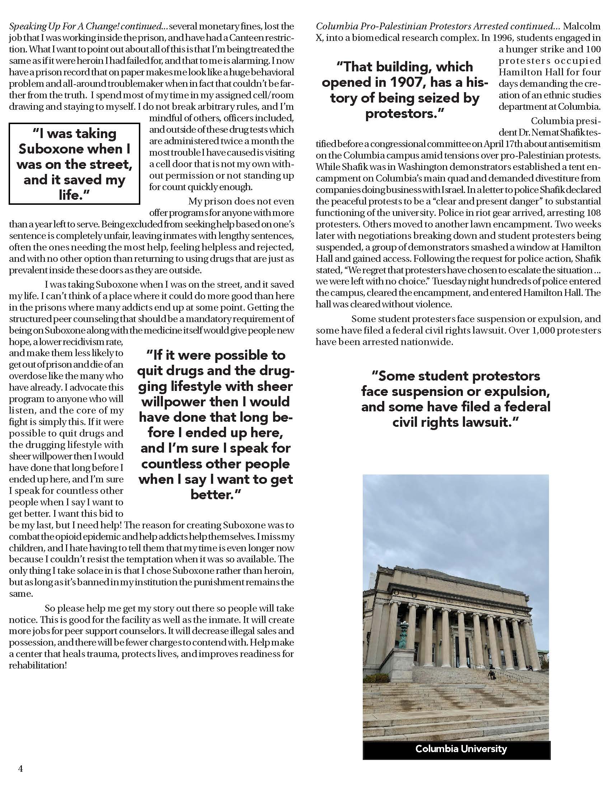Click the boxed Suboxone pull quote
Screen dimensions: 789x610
coord(74,164)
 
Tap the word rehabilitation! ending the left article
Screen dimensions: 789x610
coord(38,665)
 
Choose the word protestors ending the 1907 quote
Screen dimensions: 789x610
coord(404,113)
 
